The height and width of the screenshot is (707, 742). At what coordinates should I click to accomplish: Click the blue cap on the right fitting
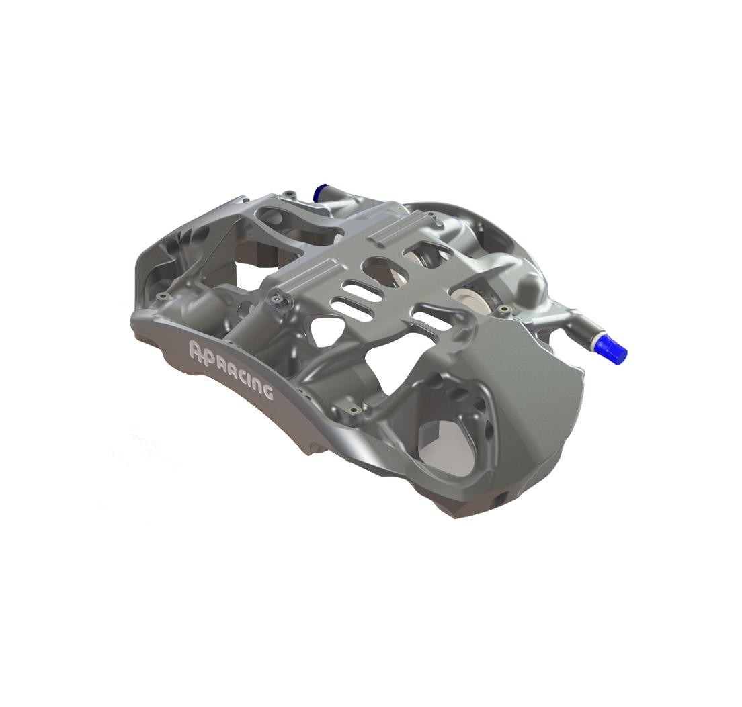tap(612, 347)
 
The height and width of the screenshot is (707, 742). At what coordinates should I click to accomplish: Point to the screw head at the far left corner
tap(164, 296)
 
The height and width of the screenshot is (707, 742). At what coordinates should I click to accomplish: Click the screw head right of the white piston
tap(504, 310)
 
